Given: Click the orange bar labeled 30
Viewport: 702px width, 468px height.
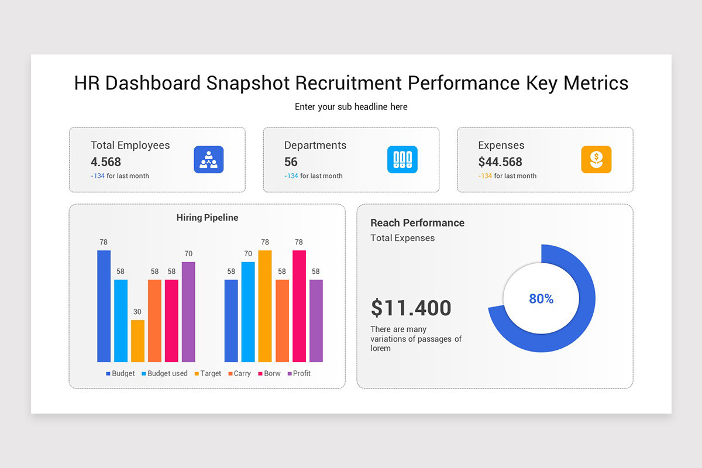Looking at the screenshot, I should (x=137, y=340).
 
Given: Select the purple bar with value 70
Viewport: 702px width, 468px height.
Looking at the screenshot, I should (x=188, y=311).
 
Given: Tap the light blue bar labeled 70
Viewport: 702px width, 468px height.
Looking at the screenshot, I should (x=248, y=311).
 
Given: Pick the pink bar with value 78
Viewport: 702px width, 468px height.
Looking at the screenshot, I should (x=299, y=305).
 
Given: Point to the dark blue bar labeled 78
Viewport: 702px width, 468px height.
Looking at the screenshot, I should (x=104, y=305).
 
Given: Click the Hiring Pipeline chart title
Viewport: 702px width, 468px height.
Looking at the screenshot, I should (x=207, y=218).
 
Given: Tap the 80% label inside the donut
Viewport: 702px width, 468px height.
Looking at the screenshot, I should (x=541, y=299).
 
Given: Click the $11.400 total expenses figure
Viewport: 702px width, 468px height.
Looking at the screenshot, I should (x=411, y=308).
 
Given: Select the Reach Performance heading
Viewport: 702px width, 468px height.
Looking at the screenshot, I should (x=417, y=223).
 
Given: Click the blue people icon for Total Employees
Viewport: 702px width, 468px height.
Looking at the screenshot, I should (x=209, y=160).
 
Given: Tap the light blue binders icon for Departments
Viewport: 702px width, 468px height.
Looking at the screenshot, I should (x=402, y=160).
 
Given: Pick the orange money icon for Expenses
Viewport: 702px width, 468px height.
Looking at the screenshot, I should (x=596, y=160).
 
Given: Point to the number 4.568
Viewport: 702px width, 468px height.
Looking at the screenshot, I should (x=106, y=162).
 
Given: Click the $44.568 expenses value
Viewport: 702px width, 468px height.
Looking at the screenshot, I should (x=500, y=162).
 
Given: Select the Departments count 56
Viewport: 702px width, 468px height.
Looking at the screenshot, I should (x=291, y=162).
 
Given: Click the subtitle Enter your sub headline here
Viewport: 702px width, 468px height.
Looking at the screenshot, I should (x=351, y=106).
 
